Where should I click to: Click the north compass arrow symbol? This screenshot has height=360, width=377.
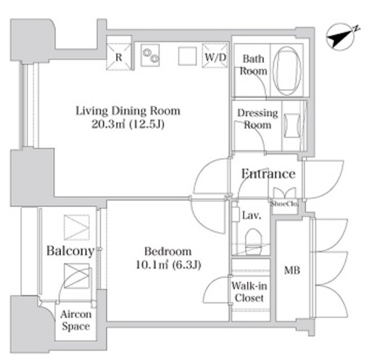(x=341, y=37)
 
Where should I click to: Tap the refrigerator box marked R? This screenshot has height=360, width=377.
(x=119, y=57)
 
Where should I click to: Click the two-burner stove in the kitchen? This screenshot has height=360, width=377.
(x=150, y=55)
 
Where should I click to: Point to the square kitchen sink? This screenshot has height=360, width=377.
(x=187, y=56)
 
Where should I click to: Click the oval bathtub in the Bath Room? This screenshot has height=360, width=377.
(x=287, y=71)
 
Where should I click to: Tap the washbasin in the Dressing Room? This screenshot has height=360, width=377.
(x=292, y=125)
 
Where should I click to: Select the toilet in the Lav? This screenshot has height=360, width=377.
(x=253, y=241)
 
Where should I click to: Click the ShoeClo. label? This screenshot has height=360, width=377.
(x=284, y=204)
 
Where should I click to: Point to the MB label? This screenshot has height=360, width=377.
(x=292, y=270)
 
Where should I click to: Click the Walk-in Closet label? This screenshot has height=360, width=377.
(x=249, y=292)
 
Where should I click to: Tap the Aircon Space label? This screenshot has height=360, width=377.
(x=76, y=320)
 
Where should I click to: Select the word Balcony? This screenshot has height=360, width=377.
(x=70, y=251)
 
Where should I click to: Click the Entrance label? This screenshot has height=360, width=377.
(x=268, y=174)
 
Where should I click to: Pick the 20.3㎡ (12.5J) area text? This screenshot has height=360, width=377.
(x=128, y=125)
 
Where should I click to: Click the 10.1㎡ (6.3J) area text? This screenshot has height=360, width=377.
(x=168, y=265)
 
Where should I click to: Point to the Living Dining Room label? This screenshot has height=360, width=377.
(x=128, y=111)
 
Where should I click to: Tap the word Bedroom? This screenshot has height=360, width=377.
(x=167, y=251)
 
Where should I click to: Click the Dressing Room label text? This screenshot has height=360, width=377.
(x=257, y=119)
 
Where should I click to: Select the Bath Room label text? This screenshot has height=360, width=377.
(x=253, y=65)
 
